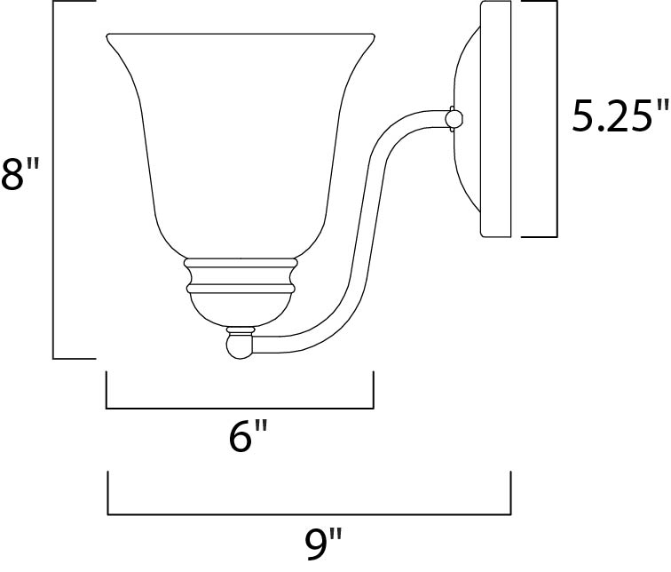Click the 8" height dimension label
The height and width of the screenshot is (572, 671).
(x=21, y=175)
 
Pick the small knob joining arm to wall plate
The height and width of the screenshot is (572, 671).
(x=454, y=118)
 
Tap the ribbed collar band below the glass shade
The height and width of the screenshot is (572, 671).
(x=239, y=274)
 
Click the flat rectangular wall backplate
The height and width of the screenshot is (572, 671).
(x=497, y=120)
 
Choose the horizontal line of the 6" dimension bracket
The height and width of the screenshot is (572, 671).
(x=240, y=408)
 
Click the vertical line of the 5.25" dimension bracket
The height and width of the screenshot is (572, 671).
(x=557, y=120)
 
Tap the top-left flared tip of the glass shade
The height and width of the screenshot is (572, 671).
(x=109, y=37)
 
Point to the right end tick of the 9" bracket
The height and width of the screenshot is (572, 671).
(x=510, y=494)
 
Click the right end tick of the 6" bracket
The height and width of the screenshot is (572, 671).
(x=373, y=391)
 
